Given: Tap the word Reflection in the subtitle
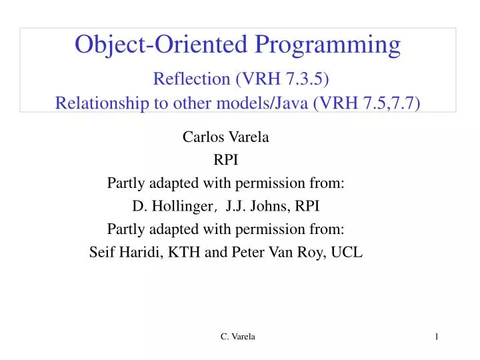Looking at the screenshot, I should click(191, 79).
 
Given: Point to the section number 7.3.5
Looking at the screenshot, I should click(306, 79).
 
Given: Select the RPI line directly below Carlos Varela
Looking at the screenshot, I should click(225, 161).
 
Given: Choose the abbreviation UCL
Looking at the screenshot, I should click(348, 252).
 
